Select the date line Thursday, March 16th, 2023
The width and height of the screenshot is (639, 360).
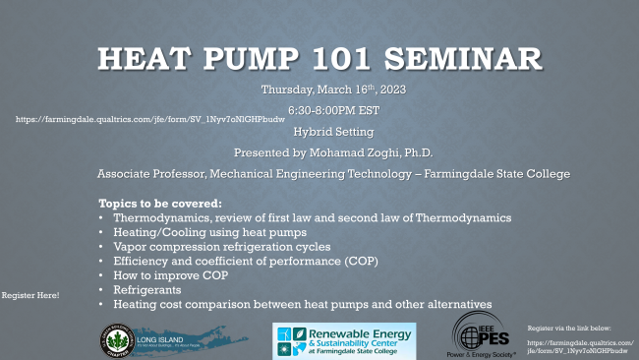(333, 90)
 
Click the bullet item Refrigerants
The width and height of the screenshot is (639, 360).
(147, 292)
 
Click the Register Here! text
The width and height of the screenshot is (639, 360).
(30, 295)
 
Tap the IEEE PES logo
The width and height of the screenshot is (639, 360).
(483, 335)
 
